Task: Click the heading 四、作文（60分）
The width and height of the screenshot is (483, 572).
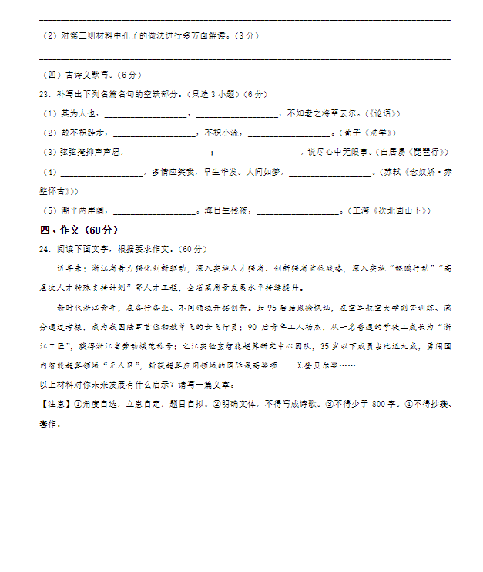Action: tap(79, 230)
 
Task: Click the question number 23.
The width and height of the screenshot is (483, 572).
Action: tap(43, 94)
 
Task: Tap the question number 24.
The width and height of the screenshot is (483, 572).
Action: tap(43, 249)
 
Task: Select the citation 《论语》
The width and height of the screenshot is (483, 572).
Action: tap(384, 113)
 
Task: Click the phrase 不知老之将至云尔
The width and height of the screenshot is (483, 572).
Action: tap(323, 113)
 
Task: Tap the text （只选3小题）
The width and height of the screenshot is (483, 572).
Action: tap(210, 94)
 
